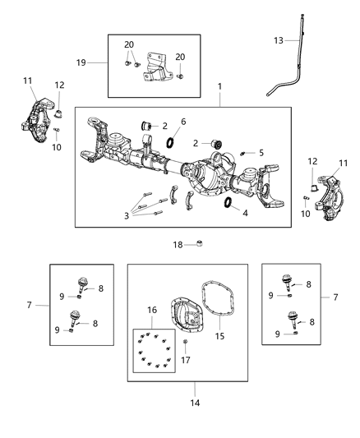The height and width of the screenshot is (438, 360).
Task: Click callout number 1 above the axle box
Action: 219,86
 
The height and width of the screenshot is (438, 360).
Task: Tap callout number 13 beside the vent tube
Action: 279,41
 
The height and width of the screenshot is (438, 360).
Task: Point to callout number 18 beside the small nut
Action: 178,244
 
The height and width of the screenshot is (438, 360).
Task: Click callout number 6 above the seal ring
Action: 182,122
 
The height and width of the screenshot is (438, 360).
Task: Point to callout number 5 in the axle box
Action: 262,152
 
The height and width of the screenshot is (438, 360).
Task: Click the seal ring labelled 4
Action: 228,203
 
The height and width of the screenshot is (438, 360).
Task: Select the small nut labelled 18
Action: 200,243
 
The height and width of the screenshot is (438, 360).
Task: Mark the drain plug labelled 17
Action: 186,341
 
